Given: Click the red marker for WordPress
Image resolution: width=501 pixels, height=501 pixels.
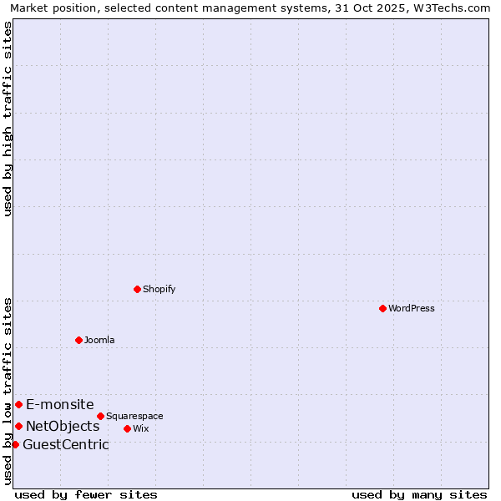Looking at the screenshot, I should [x=382, y=308].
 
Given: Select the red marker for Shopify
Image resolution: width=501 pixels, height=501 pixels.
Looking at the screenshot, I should [x=137, y=289].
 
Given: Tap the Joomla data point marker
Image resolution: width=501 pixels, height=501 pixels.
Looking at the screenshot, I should [x=78, y=340].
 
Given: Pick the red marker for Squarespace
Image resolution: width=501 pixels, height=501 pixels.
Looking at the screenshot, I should [x=100, y=416].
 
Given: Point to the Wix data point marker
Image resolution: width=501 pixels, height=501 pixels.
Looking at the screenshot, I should [x=127, y=428].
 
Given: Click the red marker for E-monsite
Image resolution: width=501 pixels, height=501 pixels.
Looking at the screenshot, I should [x=18, y=404].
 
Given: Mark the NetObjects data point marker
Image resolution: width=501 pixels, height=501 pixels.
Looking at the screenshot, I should [x=18, y=426].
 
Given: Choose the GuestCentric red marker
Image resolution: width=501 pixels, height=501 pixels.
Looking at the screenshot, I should [x=15, y=444].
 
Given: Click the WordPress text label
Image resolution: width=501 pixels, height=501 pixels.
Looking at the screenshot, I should [x=411, y=309].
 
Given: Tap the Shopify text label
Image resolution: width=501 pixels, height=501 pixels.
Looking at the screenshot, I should [x=159, y=290].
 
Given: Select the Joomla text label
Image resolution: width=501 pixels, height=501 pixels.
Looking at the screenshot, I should [x=99, y=341].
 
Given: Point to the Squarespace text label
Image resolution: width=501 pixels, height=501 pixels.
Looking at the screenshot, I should [x=134, y=417].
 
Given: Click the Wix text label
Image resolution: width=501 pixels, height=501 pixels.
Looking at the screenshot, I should [x=140, y=429].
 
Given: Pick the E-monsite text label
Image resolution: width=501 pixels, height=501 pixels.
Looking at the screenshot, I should [x=59, y=405].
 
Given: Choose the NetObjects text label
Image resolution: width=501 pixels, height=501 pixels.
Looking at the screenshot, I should [x=63, y=427].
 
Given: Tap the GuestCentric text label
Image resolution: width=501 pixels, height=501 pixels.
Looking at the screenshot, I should [x=65, y=445].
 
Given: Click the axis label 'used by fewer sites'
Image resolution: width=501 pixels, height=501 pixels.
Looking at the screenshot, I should [x=86, y=494].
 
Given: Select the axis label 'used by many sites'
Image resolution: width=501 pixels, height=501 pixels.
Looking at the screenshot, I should [x=419, y=494].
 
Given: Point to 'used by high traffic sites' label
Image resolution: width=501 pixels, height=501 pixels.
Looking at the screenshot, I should [x=8, y=119].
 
